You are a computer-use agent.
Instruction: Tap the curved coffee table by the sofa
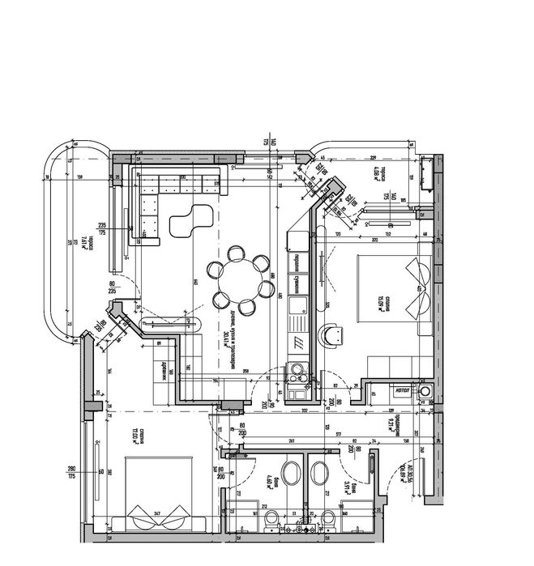[188, 220]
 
